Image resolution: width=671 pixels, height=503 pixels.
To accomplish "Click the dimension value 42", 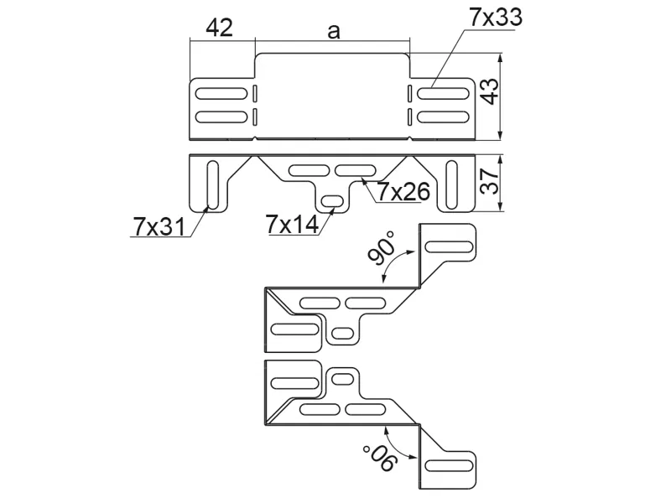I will [x=219, y=28].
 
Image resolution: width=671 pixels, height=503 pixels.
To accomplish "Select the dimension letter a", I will [x=333, y=31].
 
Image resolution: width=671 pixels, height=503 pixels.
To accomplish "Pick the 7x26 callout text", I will [x=403, y=192].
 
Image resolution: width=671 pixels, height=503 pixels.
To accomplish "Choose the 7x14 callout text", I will [x=291, y=224].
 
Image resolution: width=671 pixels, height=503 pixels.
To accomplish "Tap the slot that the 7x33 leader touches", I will [x=443, y=93].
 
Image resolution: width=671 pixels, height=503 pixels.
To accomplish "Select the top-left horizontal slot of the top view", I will [x=220, y=93].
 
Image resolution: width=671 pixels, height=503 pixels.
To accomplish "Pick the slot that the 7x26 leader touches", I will [x=357, y=171].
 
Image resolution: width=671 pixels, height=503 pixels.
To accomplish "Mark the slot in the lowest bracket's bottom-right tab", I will [x=451, y=465].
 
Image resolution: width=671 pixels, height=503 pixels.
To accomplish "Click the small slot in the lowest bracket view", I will [x=342, y=378].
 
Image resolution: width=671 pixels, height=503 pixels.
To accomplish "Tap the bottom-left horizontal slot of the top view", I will [x=220, y=115].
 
